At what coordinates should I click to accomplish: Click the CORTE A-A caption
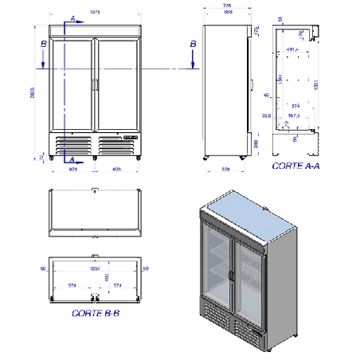click(x=297, y=166)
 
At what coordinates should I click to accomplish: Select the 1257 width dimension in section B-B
click(x=96, y=269)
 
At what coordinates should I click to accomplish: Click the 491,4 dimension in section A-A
click(x=293, y=49)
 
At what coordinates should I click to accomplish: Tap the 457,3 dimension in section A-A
click(x=294, y=115)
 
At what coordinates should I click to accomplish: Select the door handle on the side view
click(x=251, y=83)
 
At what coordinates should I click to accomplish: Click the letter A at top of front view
click(x=72, y=18)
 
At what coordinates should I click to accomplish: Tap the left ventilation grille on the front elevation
click(x=72, y=144)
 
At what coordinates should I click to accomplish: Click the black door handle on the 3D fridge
click(x=230, y=274)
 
